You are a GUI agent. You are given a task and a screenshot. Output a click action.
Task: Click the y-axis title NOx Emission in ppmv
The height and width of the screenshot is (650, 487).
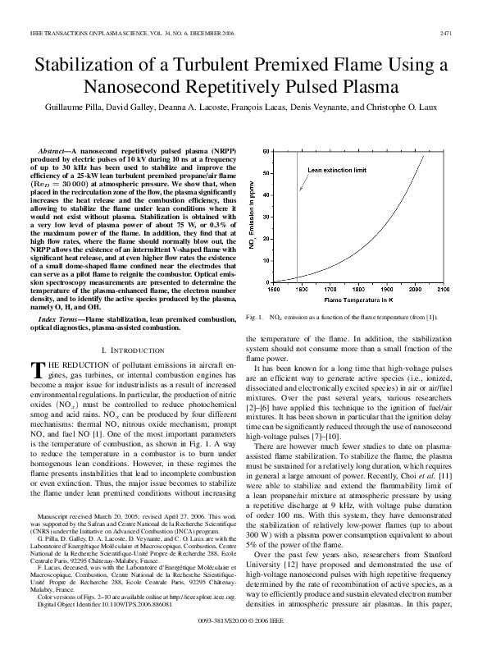[x=251, y=217]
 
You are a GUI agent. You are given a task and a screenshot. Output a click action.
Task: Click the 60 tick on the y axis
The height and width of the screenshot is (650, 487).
[x=265, y=151]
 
